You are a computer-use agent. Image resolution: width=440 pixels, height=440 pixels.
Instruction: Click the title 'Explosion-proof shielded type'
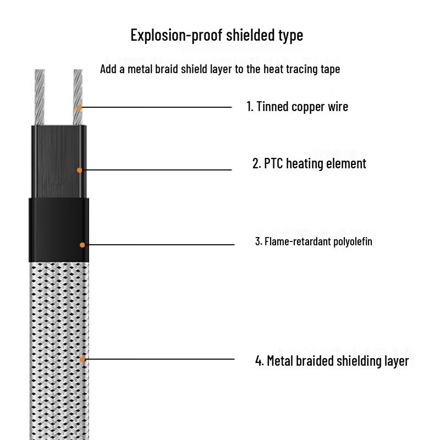[217, 36]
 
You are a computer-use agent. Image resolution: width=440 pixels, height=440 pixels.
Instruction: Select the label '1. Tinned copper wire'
[297, 107]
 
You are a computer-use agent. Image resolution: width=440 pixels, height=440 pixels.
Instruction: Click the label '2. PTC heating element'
[309, 164]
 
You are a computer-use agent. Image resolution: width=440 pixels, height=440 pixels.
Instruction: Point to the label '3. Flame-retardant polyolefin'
[313, 241]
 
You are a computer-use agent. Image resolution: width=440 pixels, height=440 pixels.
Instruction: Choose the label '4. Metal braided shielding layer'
[332, 361]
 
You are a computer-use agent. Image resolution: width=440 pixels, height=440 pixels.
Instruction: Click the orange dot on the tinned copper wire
[79, 107]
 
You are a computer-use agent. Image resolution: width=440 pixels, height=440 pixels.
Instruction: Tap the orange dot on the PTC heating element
[79, 170]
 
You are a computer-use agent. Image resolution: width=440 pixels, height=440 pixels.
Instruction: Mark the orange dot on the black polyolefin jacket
[82, 244]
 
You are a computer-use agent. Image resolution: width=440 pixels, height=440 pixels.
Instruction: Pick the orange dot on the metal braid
[82, 359]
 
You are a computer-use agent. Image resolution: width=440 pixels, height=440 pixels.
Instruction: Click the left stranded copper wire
[39, 97]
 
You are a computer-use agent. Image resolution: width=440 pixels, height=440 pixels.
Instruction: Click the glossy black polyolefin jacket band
[58, 229]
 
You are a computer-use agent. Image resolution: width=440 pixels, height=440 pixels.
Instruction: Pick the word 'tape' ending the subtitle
[329, 69]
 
